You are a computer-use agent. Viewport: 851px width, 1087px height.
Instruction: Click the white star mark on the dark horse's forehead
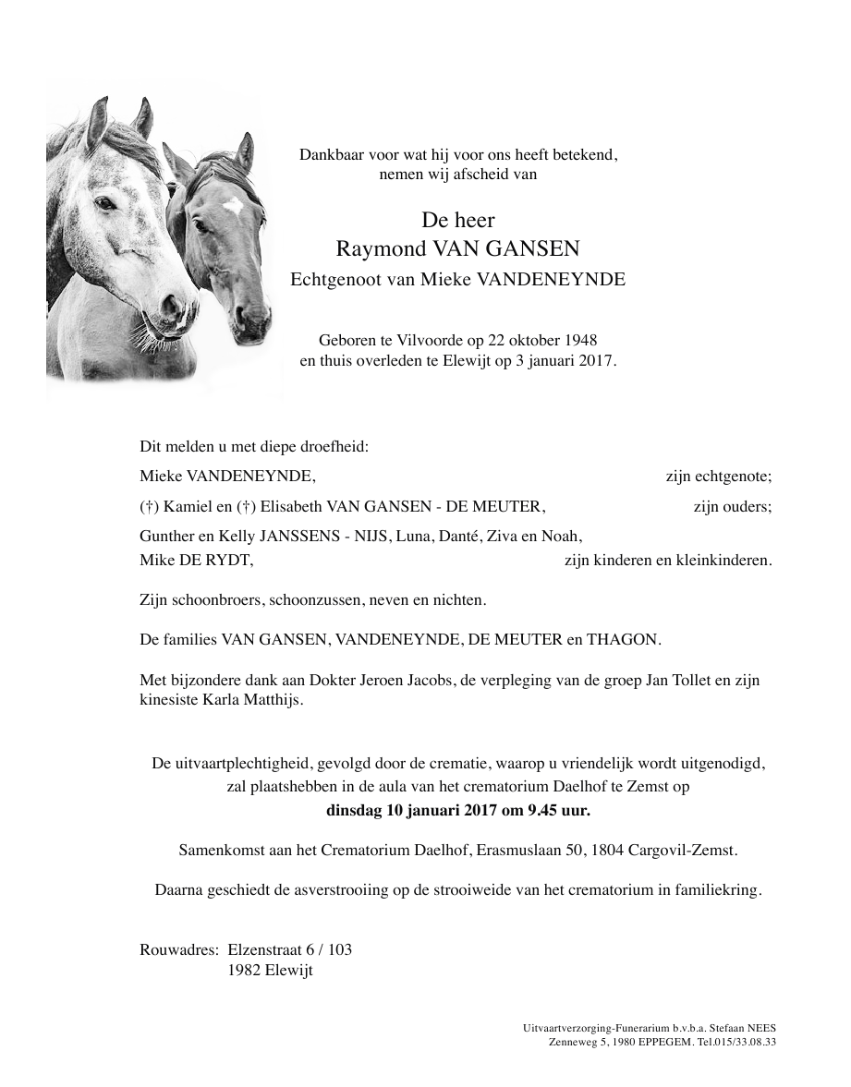tap(234, 205)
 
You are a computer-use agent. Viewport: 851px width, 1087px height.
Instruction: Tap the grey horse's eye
tap(107, 203)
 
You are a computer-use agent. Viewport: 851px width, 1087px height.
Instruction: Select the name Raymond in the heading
tap(376, 248)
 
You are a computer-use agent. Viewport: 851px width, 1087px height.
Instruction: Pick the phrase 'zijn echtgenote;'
tap(718, 477)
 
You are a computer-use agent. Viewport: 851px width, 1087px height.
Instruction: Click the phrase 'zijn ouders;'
tap(732, 506)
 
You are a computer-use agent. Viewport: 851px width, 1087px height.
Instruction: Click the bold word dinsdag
tap(355, 811)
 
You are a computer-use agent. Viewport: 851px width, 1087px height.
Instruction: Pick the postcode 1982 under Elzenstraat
tap(245, 971)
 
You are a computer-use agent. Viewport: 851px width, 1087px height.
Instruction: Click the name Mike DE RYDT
tap(196, 560)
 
